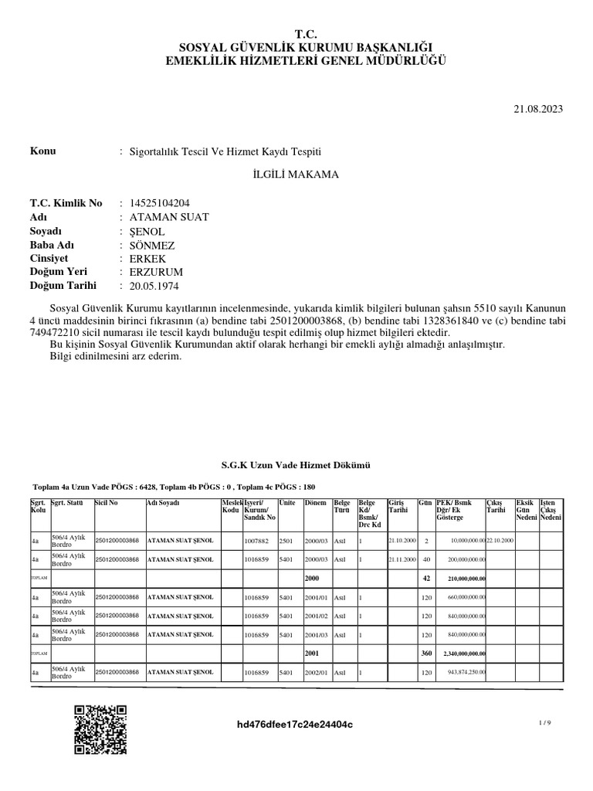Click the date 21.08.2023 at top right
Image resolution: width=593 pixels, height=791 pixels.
click(538, 110)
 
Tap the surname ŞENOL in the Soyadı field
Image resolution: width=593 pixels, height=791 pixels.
click(144, 231)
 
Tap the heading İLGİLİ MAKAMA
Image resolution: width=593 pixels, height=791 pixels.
click(296, 175)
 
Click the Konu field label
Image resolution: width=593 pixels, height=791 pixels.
click(42, 151)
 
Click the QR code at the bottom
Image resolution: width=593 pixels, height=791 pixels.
click(100, 730)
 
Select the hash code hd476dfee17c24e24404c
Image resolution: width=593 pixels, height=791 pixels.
click(296, 725)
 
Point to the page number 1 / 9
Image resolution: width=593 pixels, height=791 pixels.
click(545, 721)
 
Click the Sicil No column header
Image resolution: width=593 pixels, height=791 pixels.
click(107, 502)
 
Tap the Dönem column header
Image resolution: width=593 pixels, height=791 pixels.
click(315, 502)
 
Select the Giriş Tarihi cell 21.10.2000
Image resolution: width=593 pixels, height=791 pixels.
click(402, 540)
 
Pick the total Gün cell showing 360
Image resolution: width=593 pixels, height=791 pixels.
click(425, 654)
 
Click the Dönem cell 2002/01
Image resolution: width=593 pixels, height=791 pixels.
click(316, 673)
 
